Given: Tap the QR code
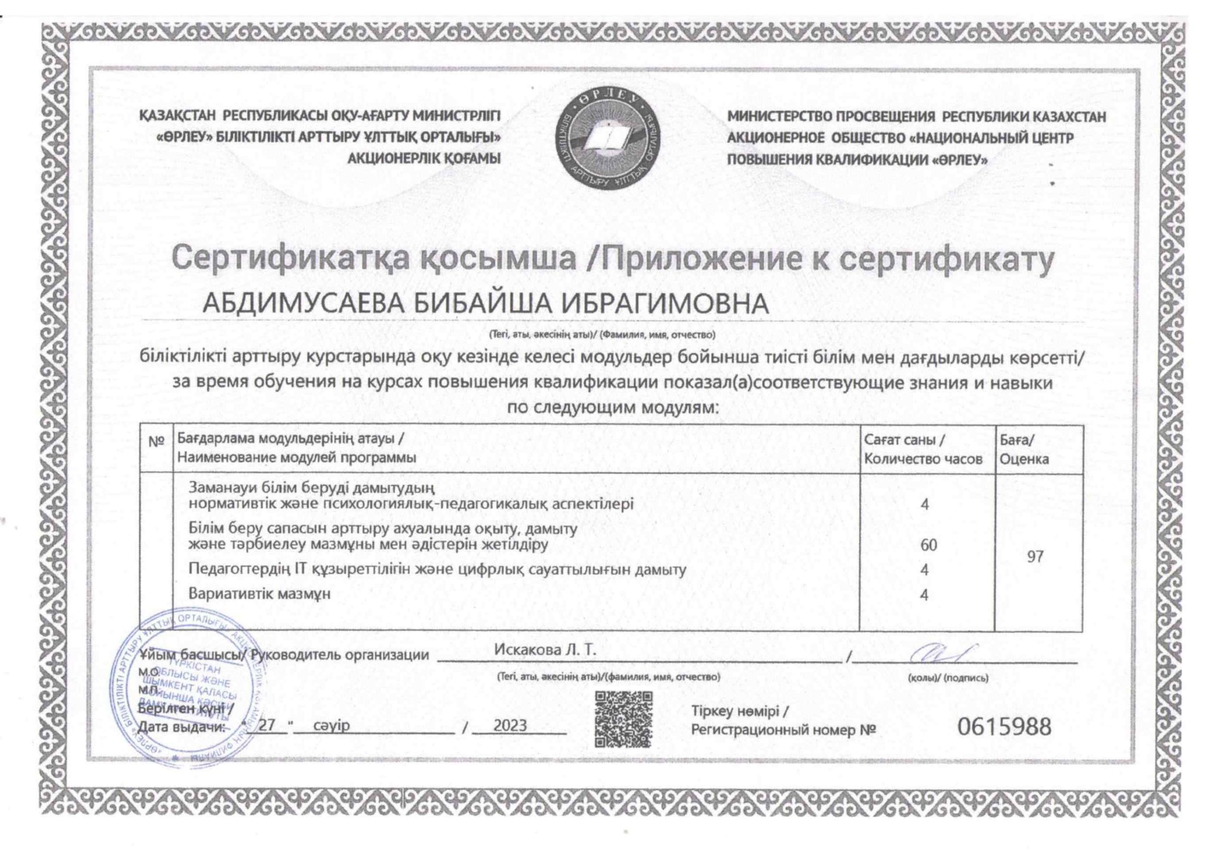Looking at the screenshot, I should pyautogui.click(x=624, y=719).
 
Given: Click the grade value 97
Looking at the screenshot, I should pyautogui.click(x=1035, y=557).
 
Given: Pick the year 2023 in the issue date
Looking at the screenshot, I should pyautogui.click(x=510, y=725).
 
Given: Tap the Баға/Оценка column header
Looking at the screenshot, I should pyautogui.click(x=1024, y=449).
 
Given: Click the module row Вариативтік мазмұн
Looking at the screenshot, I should pyautogui.click(x=260, y=593).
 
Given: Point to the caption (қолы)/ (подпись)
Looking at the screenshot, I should pyautogui.click(x=947, y=678).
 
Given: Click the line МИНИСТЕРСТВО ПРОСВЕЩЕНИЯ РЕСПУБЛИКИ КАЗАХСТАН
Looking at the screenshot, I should pyautogui.click(x=917, y=117).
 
